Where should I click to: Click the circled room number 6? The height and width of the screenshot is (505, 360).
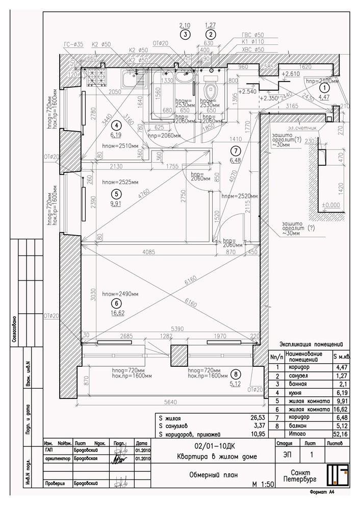(x=117, y=303)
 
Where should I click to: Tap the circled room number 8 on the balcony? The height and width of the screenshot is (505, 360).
(x=235, y=373)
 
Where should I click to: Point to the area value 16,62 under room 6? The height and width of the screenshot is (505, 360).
(x=117, y=313)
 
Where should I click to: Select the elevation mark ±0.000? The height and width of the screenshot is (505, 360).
(x=330, y=205)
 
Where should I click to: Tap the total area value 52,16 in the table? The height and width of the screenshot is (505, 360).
(x=341, y=434)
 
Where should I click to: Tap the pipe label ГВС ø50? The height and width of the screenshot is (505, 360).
(x=251, y=36)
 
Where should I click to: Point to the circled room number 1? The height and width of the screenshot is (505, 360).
(x=322, y=87)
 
